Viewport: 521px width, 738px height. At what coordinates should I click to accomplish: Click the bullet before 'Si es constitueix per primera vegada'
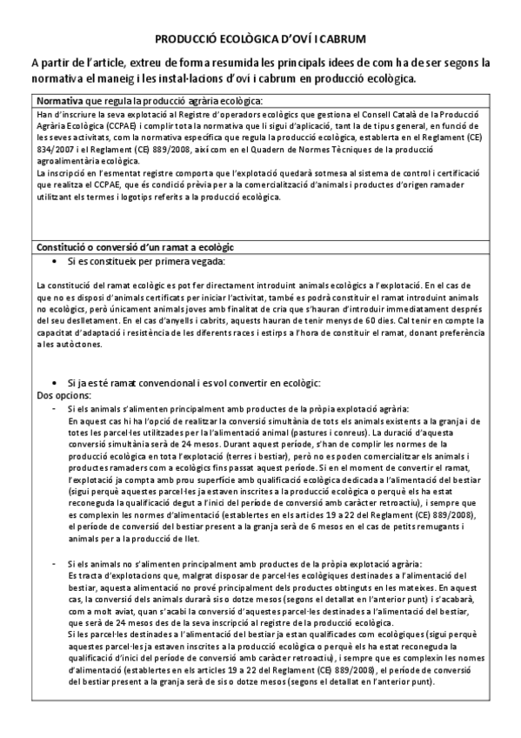[x=57, y=262]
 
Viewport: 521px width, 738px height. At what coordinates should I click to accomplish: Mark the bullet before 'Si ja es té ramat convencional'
[x=57, y=384]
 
